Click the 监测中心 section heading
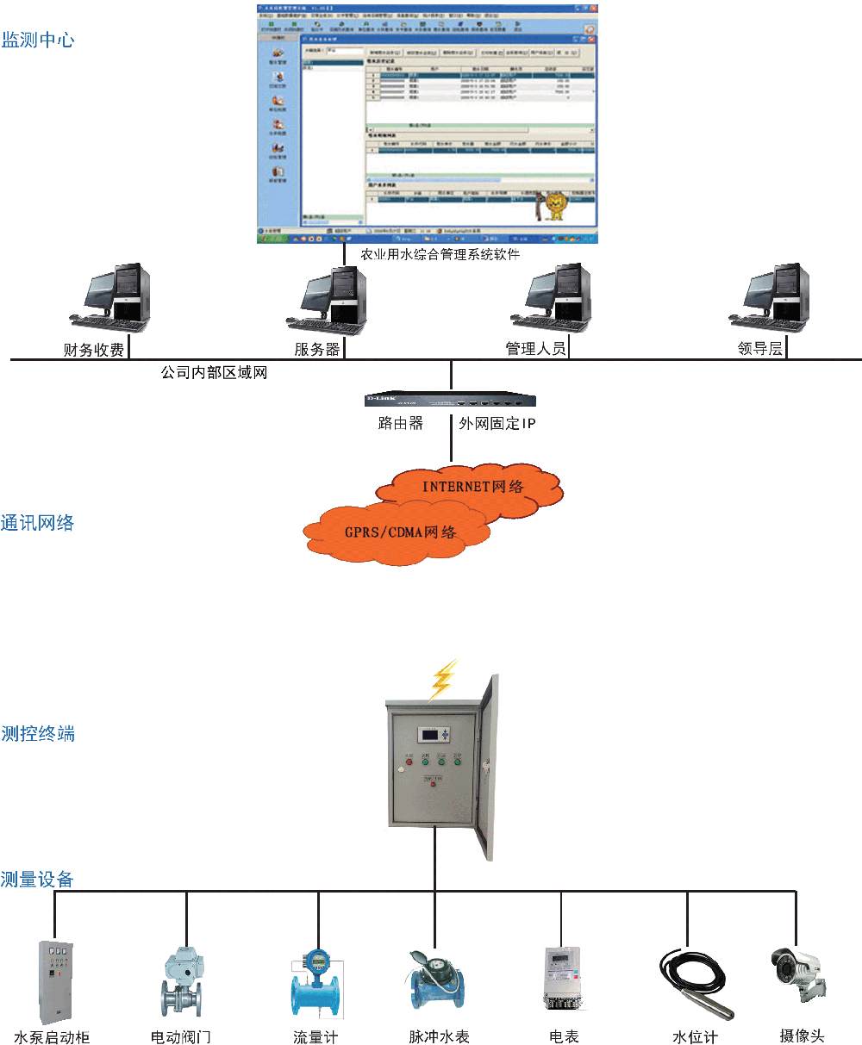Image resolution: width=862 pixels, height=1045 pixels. pyautogui.click(x=38, y=40)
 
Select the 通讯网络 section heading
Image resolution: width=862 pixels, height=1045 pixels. pyautogui.click(x=38, y=523)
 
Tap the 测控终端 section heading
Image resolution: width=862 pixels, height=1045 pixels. pyautogui.click(x=38, y=734)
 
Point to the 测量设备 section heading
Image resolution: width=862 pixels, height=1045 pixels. pyautogui.click(x=37, y=880)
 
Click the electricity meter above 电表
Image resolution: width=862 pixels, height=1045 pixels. pyautogui.click(x=563, y=978)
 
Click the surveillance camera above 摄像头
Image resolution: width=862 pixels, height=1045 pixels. pyautogui.click(x=797, y=973)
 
